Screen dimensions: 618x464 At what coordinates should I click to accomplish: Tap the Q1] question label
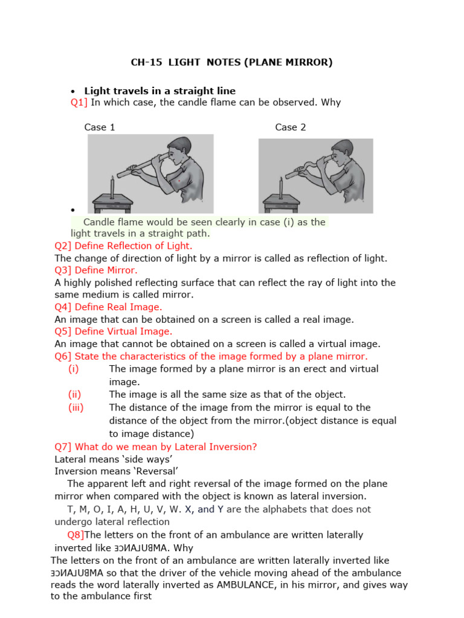point(79,103)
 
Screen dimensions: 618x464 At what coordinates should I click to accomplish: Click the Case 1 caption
point(100,127)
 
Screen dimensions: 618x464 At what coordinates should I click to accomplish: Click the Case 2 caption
point(291,127)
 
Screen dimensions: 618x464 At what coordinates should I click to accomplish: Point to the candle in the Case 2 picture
point(280,188)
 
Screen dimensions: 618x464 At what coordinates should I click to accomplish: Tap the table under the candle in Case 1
point(112,202)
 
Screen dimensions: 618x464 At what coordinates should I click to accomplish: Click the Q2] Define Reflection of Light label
point(63,246)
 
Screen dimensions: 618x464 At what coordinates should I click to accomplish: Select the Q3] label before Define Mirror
point(63,270)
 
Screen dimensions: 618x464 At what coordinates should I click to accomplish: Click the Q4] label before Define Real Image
point(63,307)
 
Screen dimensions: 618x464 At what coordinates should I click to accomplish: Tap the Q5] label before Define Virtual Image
point(63,331)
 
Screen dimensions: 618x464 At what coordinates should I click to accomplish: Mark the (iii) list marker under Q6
point(76,407)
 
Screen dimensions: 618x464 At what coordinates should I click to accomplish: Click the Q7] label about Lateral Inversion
point(63,447)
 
